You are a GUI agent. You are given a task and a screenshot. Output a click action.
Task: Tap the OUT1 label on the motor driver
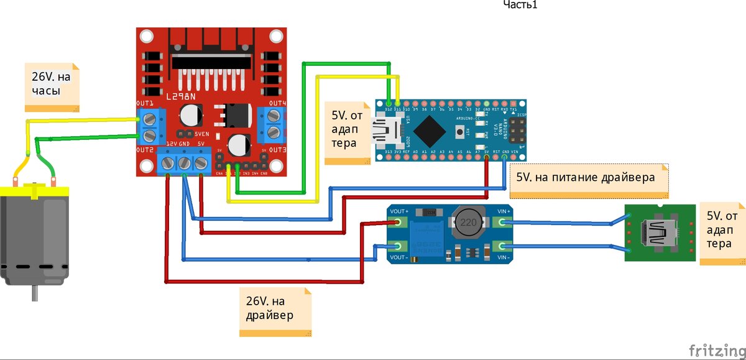click(145, 103)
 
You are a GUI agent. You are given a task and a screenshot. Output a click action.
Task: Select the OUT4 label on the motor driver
click(277, 103)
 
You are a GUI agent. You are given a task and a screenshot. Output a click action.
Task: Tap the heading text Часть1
click(520, 5)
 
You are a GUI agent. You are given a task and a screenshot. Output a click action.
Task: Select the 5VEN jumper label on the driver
click(201, 134)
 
